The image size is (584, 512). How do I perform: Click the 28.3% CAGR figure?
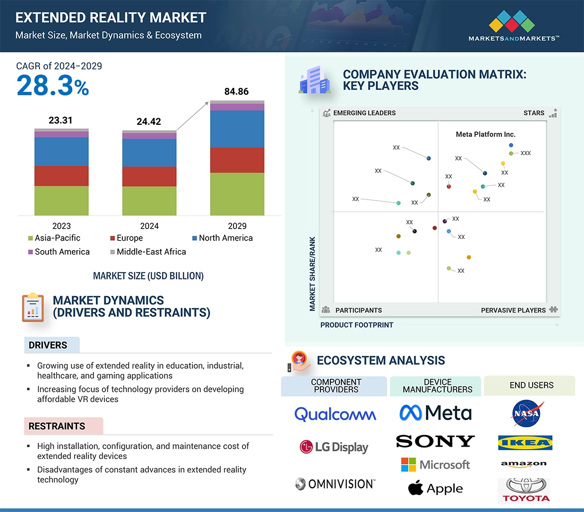pos(52,85)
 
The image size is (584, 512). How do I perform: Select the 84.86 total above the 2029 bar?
pos(237,92)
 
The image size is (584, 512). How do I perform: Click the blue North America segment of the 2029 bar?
pos(237,129)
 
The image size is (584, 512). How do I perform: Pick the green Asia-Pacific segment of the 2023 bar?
pos(61,201)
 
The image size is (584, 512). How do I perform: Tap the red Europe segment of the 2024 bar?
pos(149,177)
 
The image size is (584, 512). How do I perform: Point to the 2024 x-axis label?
pos(149,226)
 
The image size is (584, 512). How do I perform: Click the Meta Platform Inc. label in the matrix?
pos(486,134)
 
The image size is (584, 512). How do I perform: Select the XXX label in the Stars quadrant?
pos(526,153)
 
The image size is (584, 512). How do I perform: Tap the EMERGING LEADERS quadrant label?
pos(364,113)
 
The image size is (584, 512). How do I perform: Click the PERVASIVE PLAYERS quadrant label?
pos(513,310)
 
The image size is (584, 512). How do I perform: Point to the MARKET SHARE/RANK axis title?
pos(312,274)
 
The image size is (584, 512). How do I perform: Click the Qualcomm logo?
pos(335,414)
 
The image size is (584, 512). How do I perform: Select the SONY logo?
pos(435,441)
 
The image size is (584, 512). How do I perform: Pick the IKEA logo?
pos(525,443)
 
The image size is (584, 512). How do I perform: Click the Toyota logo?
pos(526,491)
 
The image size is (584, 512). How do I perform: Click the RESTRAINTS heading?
pos(57,426)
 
